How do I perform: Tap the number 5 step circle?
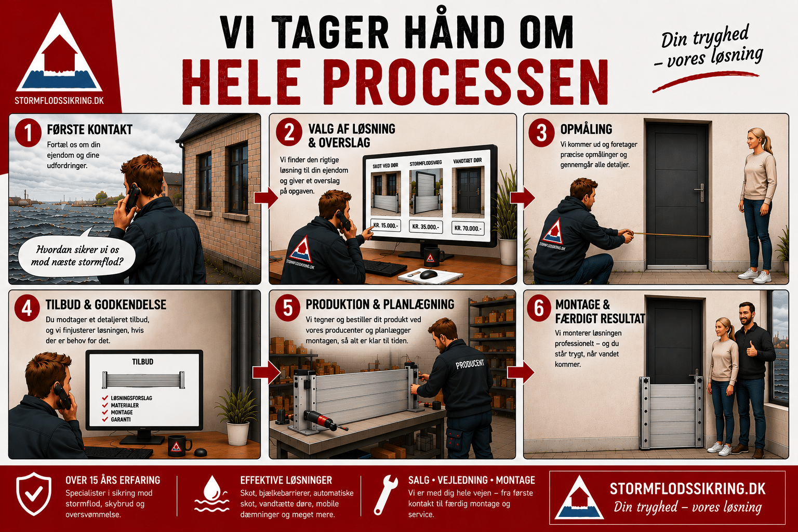(288, 308)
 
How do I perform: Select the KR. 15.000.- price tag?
(386, 225)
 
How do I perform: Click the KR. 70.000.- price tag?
(468, 228)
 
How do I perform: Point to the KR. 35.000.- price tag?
(425, 227)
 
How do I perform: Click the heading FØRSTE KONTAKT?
(89, 129)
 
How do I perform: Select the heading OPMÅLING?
(586, 129)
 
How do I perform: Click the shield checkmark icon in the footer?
(34, 494)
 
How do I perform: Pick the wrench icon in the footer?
(386, 495)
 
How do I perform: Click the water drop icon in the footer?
(211, 494)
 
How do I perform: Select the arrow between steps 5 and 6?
(521, 372)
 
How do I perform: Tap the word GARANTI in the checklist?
(121, 419)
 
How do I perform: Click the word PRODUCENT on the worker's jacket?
(470, 364)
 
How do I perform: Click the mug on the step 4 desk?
(179, 445)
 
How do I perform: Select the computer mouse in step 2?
(428, 274)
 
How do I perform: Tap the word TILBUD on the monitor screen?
(142, 362)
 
